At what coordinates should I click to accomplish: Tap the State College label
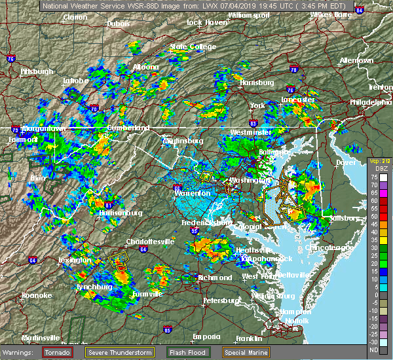click(193, 47)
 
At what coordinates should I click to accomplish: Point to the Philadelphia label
click(370, 103)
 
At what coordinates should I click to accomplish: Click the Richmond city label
click(215, 278)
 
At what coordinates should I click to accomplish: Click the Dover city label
click(345, 162)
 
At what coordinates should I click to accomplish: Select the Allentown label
click(356, 60)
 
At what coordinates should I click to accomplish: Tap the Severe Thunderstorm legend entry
click(126, 352)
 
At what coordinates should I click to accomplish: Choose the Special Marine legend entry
click(246, 352)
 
